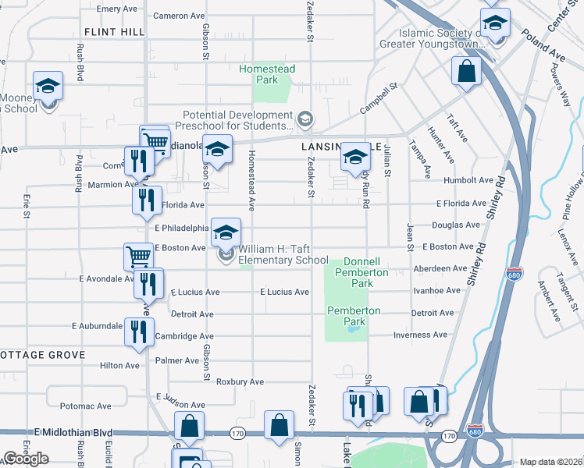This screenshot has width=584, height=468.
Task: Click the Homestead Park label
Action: point(267,74)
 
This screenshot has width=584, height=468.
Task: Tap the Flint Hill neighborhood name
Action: point(114,31)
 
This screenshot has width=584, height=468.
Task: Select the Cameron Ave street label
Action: point(179,16)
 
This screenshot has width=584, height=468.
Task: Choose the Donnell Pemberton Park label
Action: point(361,272)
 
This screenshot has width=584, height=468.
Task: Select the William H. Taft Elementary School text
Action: point(283,255)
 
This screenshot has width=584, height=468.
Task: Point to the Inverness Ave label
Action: point(419,335)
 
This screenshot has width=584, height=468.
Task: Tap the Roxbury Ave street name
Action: point(240,382)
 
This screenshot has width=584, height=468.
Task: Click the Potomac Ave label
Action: point(85,406)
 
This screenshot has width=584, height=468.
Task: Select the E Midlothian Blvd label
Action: point(73,432)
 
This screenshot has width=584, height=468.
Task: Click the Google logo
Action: point(27,459)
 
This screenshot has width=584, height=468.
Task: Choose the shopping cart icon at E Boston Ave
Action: point(138,256)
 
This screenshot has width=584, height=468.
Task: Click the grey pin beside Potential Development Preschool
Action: point(305,119)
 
